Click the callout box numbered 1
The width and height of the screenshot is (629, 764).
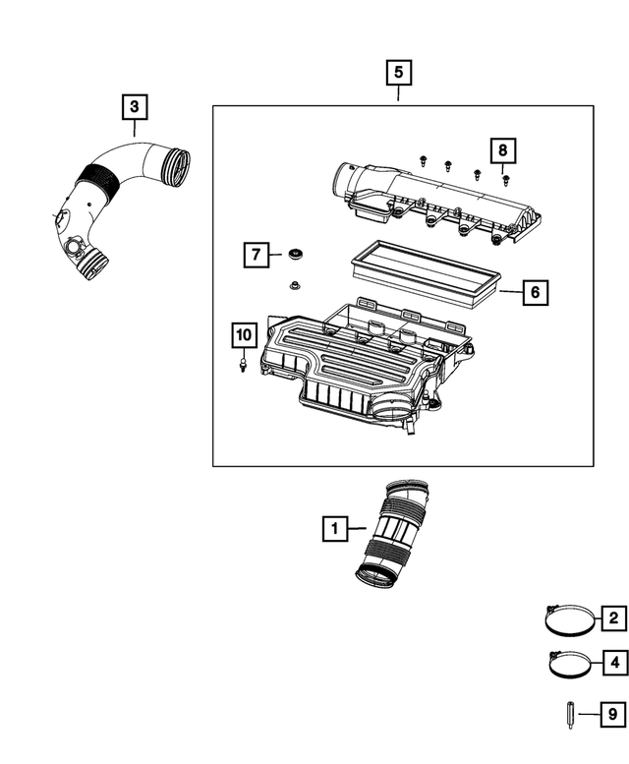tap(335, 530)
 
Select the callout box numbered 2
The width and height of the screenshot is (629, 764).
tap(612, 618)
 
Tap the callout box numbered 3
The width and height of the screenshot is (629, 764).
tap(135, 104)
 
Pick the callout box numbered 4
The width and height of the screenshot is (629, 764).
tap(612, 663)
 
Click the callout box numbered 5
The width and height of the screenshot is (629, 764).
tap(398, 72)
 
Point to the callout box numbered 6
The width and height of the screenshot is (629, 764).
tap(535, 292)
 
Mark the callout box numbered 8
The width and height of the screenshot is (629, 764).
tap(502, 150)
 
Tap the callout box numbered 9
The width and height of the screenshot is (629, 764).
tap(612, 713)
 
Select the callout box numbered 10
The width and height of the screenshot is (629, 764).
tap(242, 335)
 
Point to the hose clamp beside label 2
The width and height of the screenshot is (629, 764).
tap(566, 619)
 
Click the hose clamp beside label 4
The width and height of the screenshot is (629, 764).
tap(566, 664)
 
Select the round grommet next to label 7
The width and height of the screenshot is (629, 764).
tap(294, 256)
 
